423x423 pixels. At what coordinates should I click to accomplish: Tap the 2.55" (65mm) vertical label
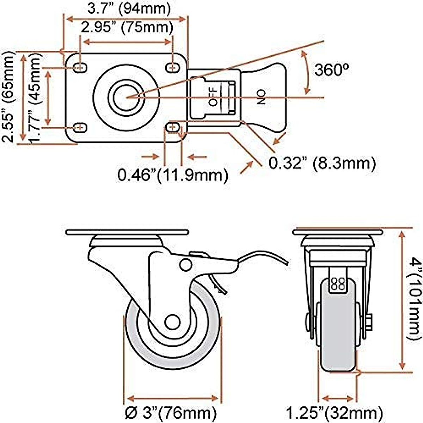(9, 97)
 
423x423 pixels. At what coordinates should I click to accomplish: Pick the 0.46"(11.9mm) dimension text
(172, 175)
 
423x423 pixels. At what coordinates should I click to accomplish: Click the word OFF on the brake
(213, 97)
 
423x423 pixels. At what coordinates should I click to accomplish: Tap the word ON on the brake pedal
(261, 97)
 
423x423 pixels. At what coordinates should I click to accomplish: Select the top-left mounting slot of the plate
(81, 67)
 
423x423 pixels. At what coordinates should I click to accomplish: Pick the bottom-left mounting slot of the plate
(81, 127)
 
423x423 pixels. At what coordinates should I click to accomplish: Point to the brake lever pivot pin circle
(185, 264)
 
